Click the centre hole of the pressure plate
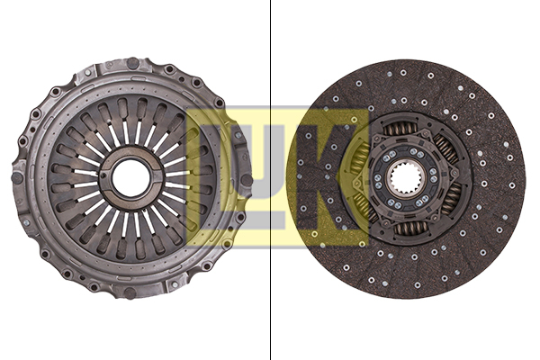coord(130,178)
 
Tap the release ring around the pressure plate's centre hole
coord(130,156)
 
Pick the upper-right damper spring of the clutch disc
coord(445,149)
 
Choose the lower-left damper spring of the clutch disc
coord(366,205)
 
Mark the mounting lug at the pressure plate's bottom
coord(130,292)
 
